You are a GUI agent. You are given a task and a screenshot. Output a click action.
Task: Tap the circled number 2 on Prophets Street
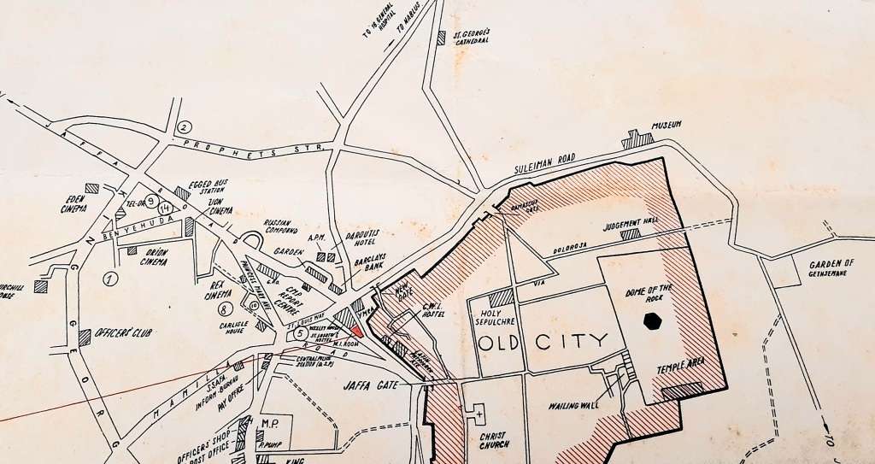[x=183, y=127]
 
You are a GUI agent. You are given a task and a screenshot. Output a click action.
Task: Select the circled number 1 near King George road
[x=109, y=278]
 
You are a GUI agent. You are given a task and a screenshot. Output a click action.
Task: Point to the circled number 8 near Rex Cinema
[x=225, y=308]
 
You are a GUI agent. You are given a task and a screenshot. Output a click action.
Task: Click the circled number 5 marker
[x=300, y=333]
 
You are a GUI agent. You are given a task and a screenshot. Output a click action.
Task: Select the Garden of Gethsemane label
[x=831, y=269]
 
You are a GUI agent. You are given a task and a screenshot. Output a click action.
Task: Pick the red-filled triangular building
[x=358, y=332]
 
